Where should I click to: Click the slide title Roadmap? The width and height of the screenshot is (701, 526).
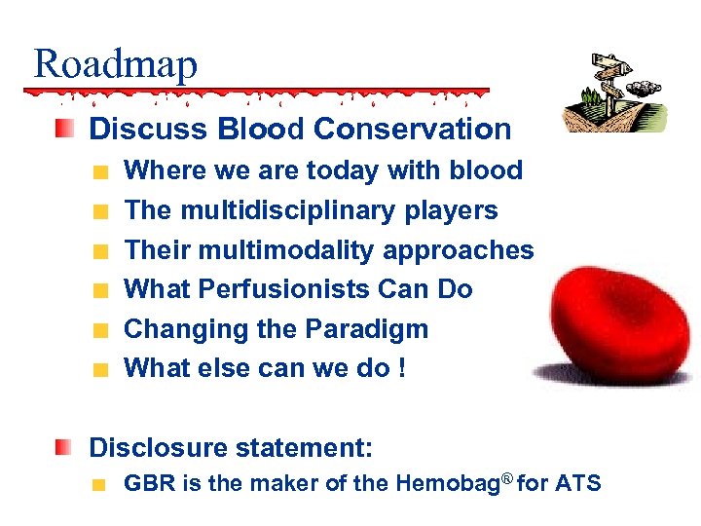pos(115,64)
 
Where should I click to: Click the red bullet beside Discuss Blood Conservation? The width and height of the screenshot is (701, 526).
pos(63,129)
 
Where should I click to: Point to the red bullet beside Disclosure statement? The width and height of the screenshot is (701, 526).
pos(63,447)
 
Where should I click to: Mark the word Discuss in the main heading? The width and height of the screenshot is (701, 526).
pos(134,129)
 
